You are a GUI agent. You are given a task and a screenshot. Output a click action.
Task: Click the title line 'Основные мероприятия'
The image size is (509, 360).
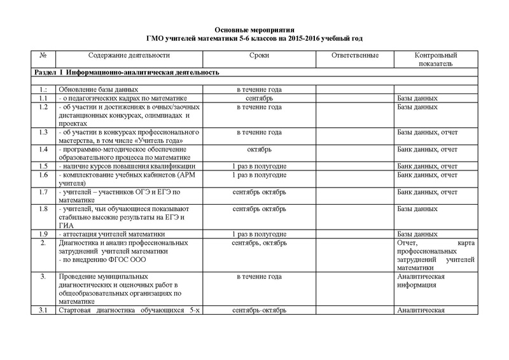pyautogui.click(x=254, y=30)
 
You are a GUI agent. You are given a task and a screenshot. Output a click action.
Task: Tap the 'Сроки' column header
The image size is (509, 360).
pyautogui.click(x=259, y=56)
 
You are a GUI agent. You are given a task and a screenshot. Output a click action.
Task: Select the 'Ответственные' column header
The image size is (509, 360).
pyautogui.click(x=356, y=56)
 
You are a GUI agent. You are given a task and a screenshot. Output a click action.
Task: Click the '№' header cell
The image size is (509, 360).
pyautogui.click(x=43, y=56)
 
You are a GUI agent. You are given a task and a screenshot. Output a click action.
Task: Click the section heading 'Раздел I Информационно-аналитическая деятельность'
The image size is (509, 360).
pyautogui.click(x=127, y=73)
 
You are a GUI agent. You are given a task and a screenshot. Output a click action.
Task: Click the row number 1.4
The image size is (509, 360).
pyautogui.click(x=43, y=149)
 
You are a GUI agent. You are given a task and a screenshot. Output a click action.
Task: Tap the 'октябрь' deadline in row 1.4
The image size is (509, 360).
pyautogui.click(x=259, y=149)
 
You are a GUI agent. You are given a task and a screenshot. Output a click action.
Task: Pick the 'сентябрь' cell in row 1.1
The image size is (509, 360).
pyautogui.click(x=259, y=99)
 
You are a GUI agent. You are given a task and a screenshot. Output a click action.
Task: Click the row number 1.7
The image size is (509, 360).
pyautogui.click(x=43, y=191)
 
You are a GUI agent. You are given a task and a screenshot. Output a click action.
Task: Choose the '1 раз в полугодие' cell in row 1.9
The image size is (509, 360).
pyautogui.click(x=259, y=233)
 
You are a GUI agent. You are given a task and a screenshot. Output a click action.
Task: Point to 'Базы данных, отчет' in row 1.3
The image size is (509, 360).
pyautogui.click(x=427, y=132)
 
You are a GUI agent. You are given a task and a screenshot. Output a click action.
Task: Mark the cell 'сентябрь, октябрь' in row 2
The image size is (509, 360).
pyautogui.click(x=259, y=243)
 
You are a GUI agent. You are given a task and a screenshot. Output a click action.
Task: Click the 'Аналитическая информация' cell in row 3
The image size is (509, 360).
pyautogui.click(x=420, y=281)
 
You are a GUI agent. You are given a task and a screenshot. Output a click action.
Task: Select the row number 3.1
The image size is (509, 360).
pyautogui.click(x=43, y=310)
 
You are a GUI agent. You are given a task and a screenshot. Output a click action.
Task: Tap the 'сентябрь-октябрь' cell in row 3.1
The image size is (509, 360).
pyautogui.click(x=259, y=310)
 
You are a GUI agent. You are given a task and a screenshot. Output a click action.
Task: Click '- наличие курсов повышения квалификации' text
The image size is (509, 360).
pyautogui.click(x=121, y=166)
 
